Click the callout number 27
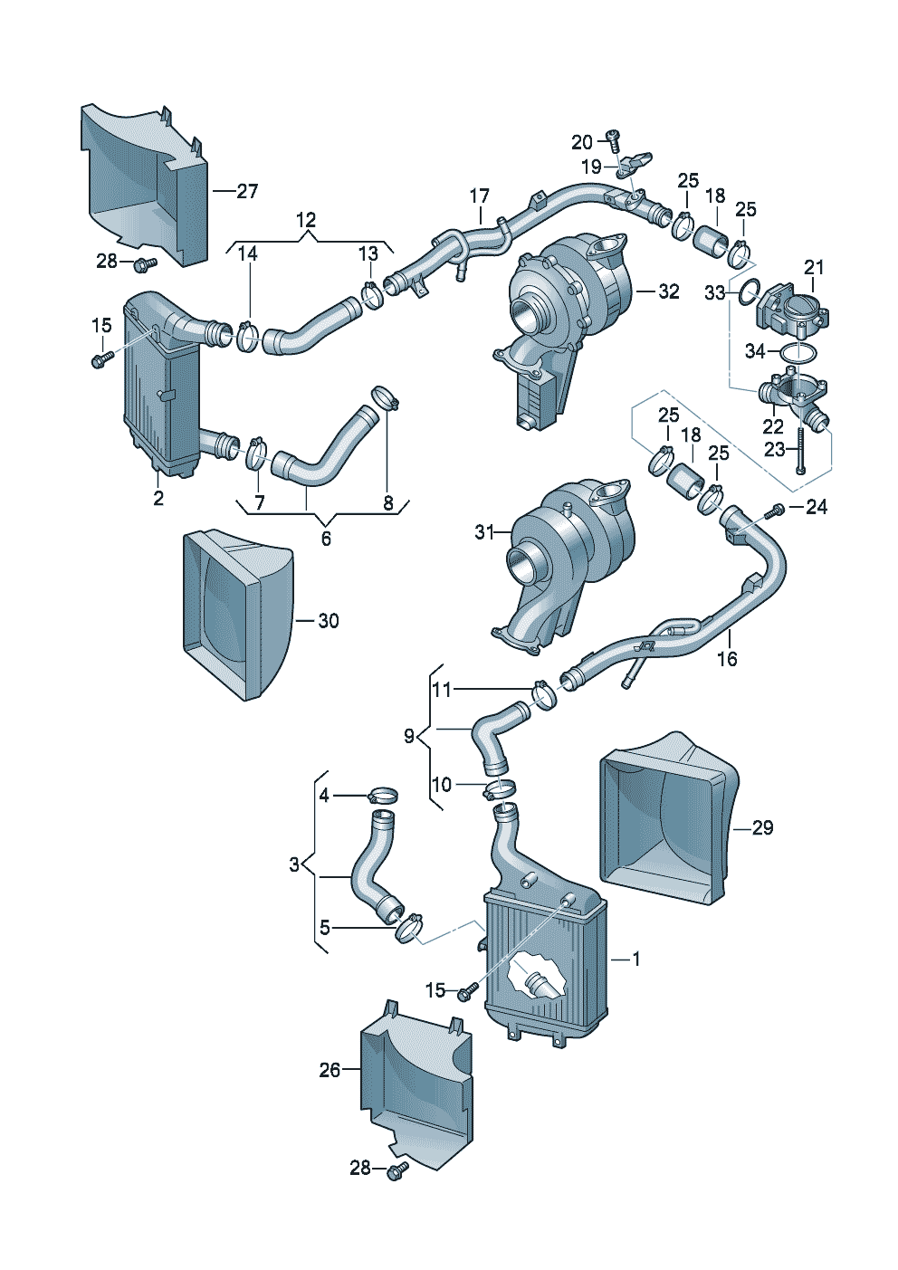click(x=247, y=191)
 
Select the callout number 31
click(x=485, y=532)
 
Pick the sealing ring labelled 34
click(x=798, y=353)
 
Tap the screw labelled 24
click(x=774, y=511)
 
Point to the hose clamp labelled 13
click(x=372, y=295)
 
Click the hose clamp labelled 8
click(x=386, y=396)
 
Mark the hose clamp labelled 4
click(x=383, y=795)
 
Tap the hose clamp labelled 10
click(x=499, y=788)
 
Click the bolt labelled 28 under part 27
click(x=144, y=263)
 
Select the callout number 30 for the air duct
click(x=329, y=621)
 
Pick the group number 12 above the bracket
click(x=306, y=219)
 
